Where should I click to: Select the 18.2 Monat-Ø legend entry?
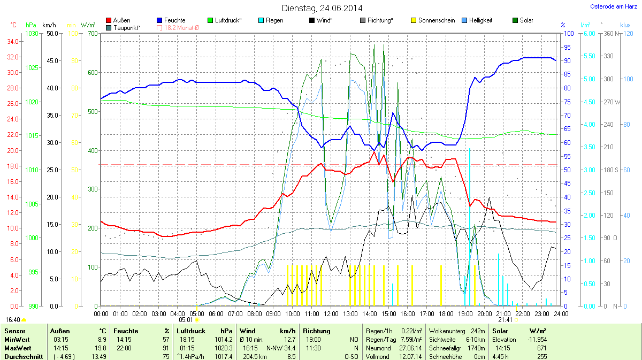(x=181, y=27)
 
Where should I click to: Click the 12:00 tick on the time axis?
(x=331, y=313)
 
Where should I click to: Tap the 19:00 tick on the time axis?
(x=465, y=313)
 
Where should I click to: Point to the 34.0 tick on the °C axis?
(x=13, y=42)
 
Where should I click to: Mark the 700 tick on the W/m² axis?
(x=91, y=34)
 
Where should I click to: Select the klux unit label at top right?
(x=625, y=25)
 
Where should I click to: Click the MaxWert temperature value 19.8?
(x=101, y=348)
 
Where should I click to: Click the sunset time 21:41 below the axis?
(x=505, y=320)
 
